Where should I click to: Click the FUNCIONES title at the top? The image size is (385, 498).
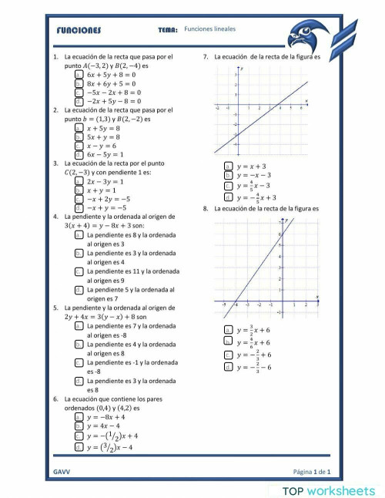coord(79,31)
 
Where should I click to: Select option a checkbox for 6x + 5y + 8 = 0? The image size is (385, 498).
coord(79,76)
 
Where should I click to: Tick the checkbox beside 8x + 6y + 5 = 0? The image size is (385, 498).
coord(79,84)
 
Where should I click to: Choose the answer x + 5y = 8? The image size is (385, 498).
coord(79,128)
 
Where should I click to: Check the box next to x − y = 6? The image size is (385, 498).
coord(79,145)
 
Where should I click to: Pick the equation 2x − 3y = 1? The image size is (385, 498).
coord(79,181)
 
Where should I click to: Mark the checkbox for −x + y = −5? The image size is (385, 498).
coord(79,207)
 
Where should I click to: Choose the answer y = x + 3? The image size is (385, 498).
coord(228,166)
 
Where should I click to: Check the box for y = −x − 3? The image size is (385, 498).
coord(228,176)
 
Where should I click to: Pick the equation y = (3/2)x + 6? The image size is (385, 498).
coord(228,329)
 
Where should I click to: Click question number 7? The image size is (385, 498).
coord(206,57)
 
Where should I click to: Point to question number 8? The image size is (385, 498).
coord(206,209)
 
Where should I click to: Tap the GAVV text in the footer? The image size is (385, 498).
coord(62,470)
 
